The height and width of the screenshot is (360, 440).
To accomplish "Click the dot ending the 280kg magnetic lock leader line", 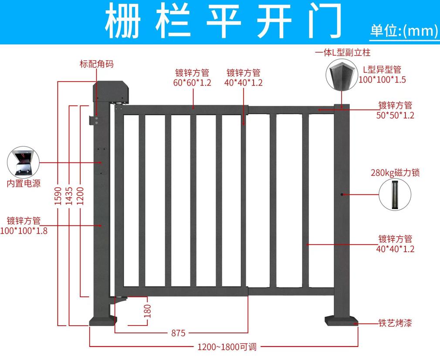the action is [x=342, y=194].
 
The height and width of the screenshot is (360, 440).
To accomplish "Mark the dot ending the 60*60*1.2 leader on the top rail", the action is [x=193, y=108].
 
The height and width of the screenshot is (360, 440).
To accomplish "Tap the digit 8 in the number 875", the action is [x=174, y=333].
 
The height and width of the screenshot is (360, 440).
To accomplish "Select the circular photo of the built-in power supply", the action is [x=23, y=162].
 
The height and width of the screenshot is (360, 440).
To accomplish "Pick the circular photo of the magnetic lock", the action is [x=395, y=194].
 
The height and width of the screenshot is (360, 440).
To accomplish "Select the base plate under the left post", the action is [x=103, y=321].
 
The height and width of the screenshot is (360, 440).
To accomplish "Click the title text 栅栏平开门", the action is [x=223, y=20].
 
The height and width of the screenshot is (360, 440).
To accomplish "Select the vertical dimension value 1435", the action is [x=69, y=196].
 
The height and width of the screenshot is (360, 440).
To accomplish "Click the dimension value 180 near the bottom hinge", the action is [x=147, y=311].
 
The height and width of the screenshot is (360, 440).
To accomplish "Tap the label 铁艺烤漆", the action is [x=395, y=323].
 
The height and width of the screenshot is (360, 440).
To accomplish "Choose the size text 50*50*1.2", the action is [x=395, y=115].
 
